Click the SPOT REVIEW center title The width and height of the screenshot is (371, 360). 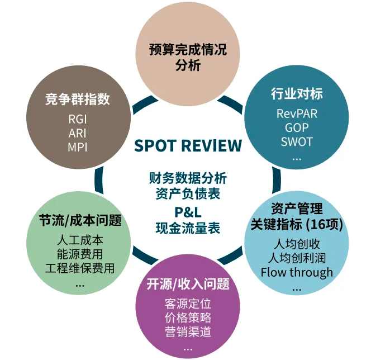188,146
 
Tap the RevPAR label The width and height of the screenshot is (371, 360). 297,113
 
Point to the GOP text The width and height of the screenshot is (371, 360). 296,127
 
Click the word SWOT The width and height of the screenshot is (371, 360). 297,141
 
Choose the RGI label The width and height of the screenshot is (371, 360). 78,119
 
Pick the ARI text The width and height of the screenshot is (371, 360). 78,133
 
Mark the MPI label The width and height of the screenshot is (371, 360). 78,147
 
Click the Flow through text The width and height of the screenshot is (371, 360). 296,273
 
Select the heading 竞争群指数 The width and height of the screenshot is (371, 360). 78,100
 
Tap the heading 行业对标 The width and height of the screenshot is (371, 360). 297,93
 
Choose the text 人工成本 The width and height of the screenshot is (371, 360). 80,240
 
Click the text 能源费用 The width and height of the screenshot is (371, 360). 80,254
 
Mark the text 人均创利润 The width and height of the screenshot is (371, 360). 296,258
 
